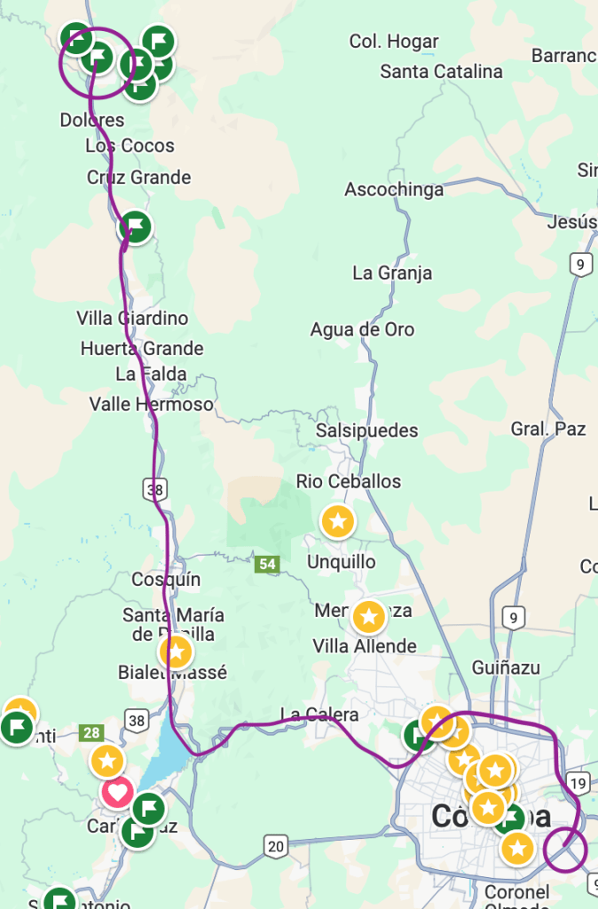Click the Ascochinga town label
coord(394,190)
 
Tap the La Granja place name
coord(392,273)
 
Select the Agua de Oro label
coord(362,329)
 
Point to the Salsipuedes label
coord(367,431)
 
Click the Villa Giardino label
coord(132,318)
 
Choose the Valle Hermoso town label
coord(151,405)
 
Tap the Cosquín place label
coord(166,580)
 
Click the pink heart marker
coord(117,792)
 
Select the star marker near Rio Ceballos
coord(337,522)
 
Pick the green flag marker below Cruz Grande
coord(135,227)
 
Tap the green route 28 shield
coord(91,733)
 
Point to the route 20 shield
coord(275,847)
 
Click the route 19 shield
coord(578,783)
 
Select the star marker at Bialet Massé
coord(176,652)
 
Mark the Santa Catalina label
coord(441,72)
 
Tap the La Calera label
coord(319,715)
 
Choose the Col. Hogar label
coord(394,42)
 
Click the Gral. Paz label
coord(548,430)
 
